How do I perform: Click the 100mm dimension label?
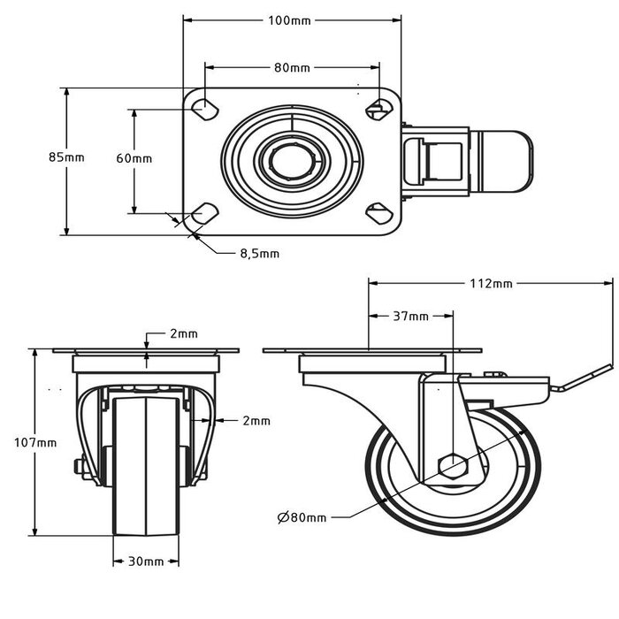pyautogui.click(x=291, y=19)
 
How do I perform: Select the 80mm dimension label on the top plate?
pyautogui.click(x=291, y=67)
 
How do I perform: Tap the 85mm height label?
pyautogui.click(x=66, y=157)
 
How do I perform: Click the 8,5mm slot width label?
pyautogui.click(x=259, y=253)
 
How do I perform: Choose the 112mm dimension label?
pyautogui.click(x=492, y=284)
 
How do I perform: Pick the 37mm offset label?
pyautogui.click(x=410, y=316)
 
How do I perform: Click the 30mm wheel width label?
pyautogui.click(x=146, y=561)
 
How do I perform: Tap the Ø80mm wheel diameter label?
pyautogui.click(x=302, y=516)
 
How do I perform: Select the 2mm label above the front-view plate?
pyautogui.click(x=184, y=334)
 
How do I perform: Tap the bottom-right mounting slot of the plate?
pyautogui.click(x=378, y=212)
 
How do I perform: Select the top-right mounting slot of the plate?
pyautogui.click(x=378, y=109)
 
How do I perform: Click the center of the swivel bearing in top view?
pyautogui.click(x=291, y=161)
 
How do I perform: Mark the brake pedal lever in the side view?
pyautogui.click(x=580, y=378)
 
